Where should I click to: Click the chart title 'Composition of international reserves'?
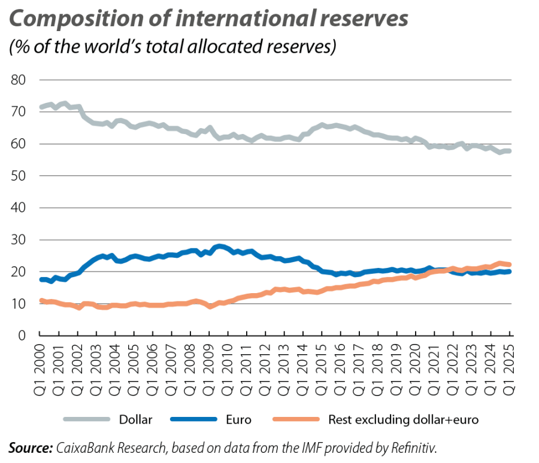pos(208,20)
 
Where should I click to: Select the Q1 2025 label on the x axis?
pos(510,368)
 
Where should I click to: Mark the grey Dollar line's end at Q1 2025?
pos(510,151)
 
